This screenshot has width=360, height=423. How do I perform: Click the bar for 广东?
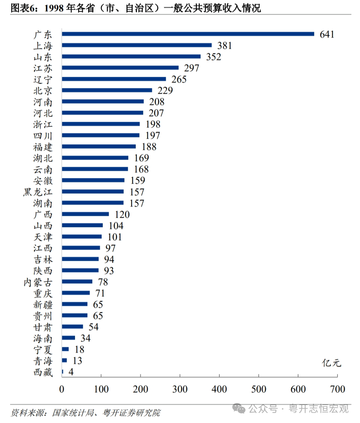(x=187, y=34)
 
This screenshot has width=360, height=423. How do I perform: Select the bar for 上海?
(x=136, y=45)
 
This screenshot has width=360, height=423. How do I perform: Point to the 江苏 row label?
(x=43, y=68)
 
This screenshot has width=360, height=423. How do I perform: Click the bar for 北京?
(x=107, y=90)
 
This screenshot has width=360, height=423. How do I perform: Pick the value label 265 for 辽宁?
(x=179, y=79)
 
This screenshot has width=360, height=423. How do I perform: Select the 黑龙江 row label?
(x=37, y=192)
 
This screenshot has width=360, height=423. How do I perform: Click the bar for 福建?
(x=99, y=146)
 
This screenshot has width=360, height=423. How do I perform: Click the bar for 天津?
(x=82, y=237)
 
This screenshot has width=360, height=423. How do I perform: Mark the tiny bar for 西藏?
(x=63, y=372)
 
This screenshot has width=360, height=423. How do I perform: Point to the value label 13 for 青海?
(x=77, y=361)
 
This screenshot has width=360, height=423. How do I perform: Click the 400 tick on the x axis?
(x=219, y=389)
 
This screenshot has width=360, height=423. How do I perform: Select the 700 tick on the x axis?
(x=337, y=389)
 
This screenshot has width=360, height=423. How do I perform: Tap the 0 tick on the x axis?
(x=62, y=389)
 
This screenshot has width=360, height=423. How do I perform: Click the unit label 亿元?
(x=331, y=363)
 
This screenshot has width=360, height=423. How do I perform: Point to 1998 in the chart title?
(x=54, y=8)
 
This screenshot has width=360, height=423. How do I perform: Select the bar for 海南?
(x=69, y=338)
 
